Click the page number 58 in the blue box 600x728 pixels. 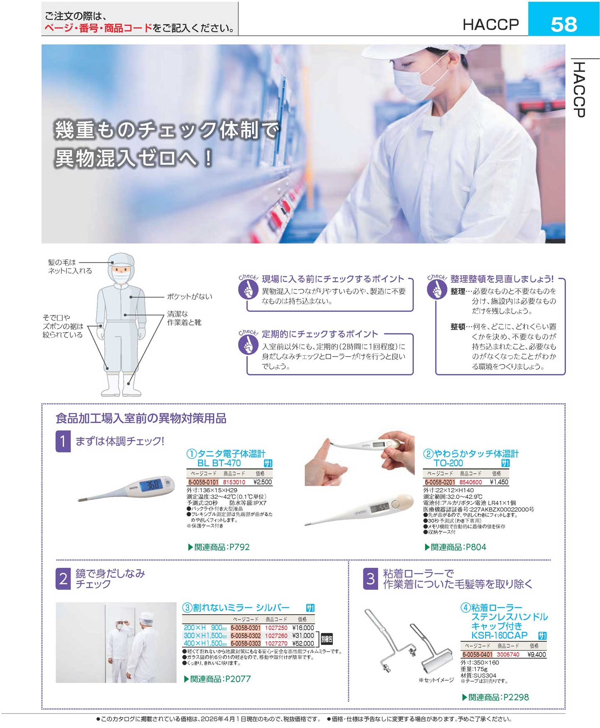tap(563, 24)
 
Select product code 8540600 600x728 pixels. tap(470, 482)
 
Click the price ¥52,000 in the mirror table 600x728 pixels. tap(303, 643)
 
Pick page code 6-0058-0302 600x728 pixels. tap(246, 635)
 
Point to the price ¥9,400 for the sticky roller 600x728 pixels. tap(536, 655)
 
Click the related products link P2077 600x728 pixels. tap(217, 679)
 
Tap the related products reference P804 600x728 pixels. tap(455, 547)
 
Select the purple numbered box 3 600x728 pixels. tap(371, 578)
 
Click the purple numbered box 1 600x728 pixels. tap(63, 441)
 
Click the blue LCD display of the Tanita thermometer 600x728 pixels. tap(152, 485)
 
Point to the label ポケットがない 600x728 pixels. tap(189, 297)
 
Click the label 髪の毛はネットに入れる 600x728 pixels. tap(70, 266)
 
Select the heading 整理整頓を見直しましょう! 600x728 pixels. tap(502, 279)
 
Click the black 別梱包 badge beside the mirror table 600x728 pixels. tap(327, 639)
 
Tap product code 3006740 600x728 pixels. tap(508, 655)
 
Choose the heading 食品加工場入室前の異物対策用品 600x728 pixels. tap(141, 418)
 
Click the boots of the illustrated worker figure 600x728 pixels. tap(121, 385)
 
